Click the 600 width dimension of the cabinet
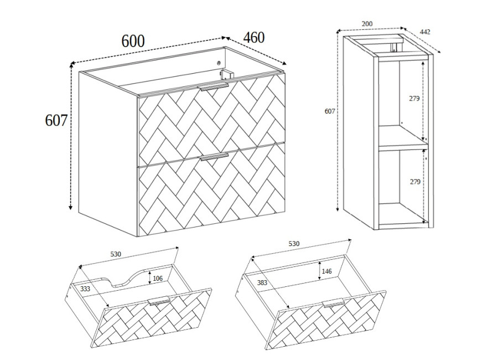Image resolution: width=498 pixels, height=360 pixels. click(x=133, y=41)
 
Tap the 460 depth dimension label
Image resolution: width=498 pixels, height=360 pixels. click(x=254, y=38)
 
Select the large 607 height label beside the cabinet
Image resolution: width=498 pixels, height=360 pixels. click(x=56, y=120)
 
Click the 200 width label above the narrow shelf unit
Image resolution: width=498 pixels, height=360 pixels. click(x=367, y=23)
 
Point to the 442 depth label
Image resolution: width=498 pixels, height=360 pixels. click(x=425, y=32)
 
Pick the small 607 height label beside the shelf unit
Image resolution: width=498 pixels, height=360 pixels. click(x=330, y=111)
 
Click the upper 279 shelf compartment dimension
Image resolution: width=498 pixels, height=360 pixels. click(x=414, y=99)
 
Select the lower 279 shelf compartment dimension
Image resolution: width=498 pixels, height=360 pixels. click(x=415, y=182)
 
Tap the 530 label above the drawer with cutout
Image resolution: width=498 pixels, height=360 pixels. click(x=116, y=254)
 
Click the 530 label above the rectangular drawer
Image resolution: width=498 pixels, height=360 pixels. click(x=294, y=244)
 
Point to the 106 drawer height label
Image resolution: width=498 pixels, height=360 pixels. click(x=158, y=279)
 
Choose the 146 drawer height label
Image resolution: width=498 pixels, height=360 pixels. click(x=326, y=271)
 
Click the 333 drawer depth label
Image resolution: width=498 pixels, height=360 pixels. click(x=85, y=289)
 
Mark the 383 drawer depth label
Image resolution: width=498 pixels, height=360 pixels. click(x=262, y=282)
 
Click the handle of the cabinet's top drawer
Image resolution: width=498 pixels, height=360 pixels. click(x=213, y=88)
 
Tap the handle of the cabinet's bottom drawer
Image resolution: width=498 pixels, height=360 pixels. click(x=214, y=157)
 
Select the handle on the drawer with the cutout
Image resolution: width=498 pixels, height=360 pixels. click(x=159, y=301)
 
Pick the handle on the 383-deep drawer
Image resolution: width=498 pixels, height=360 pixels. click(x=333, y=303)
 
